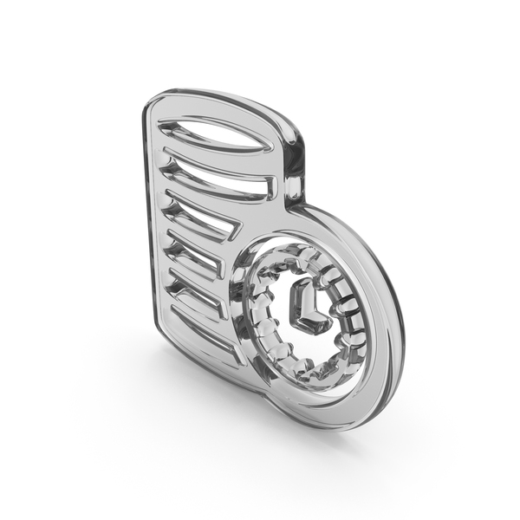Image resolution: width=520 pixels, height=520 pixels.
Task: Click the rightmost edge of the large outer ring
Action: point(400,321)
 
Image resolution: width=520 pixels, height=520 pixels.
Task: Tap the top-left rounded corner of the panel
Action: point(152,104)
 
